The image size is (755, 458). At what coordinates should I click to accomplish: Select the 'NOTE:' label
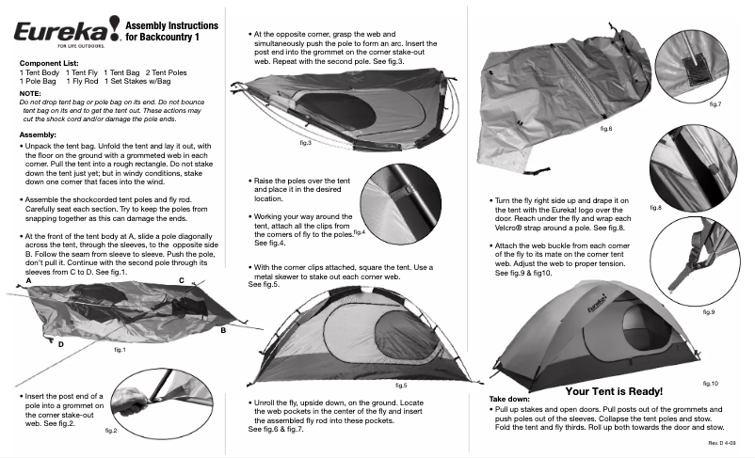click(x=29, y=93)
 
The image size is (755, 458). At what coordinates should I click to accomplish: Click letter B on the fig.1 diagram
click(x=223, y=330)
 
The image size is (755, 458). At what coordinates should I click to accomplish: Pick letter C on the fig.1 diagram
click(x=181, y=280)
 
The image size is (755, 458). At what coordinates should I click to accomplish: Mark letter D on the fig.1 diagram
click(x=60, y=345)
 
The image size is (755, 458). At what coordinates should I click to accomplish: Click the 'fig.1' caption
click(x=120, y=349)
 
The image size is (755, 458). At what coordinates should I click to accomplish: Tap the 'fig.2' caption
click(x=110, y=430)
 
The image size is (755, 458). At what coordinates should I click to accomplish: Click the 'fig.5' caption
click(x=401, y=386)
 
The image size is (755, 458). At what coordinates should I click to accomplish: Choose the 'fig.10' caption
click(x=710, y=384)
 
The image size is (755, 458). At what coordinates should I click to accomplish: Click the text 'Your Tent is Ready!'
click(x=614, y=390)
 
